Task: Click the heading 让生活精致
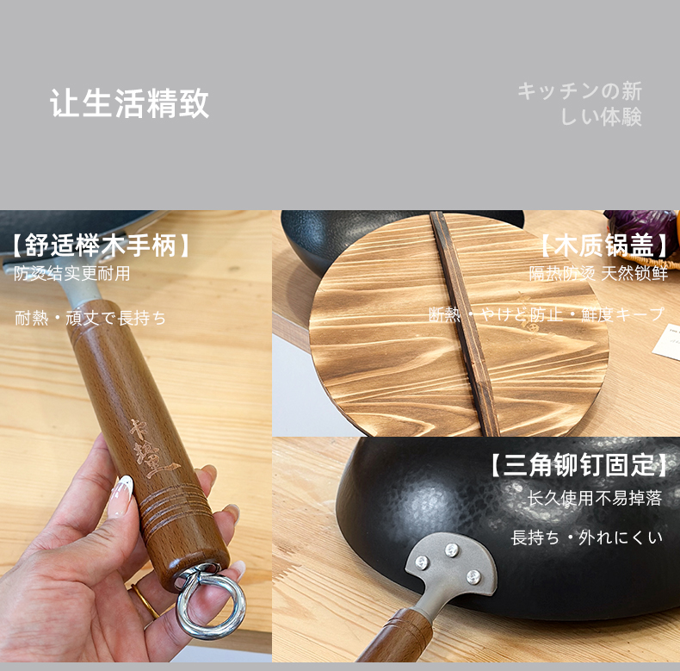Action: [129, 103]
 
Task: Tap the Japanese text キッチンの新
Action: [579, 91]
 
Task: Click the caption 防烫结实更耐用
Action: [72, 274]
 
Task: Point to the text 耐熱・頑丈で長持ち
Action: [90, 318]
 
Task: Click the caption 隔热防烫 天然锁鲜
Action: [598, 274]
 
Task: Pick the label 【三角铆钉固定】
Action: [578, 466]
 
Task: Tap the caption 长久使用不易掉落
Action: [595, 500]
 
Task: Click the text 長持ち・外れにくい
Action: [587, 537]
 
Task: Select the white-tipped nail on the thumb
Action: [121, 494]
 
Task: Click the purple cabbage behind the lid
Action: [640, 227]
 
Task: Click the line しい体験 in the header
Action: [601, 117]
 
